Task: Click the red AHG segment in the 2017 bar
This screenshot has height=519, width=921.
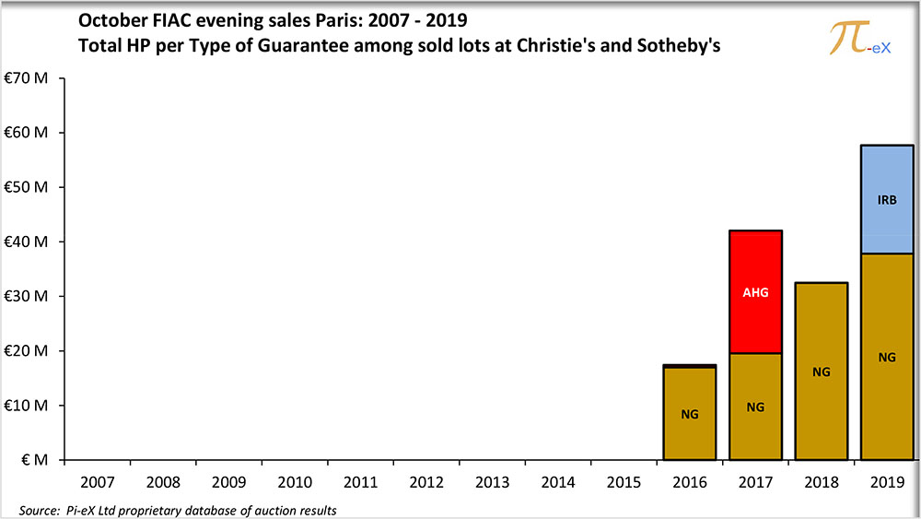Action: (x=755, y=267)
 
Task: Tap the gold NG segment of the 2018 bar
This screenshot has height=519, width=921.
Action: (x=822, y=406)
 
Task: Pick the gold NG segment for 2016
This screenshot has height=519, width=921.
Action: (x=690, y=433)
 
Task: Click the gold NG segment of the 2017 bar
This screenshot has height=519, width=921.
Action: (x=755, y=429)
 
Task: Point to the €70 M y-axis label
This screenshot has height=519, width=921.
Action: (x=31, y=78)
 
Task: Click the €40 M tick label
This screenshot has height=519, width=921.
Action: (x=31, y=242)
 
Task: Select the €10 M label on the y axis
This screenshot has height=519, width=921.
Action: (x=31, y=406)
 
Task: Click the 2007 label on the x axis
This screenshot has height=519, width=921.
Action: (x=97, y=482)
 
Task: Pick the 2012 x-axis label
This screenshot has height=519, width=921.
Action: (x=426, y=482)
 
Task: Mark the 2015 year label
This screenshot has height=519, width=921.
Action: (x=624, y=482)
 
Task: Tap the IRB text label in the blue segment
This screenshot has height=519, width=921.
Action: (x=887, y=199)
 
